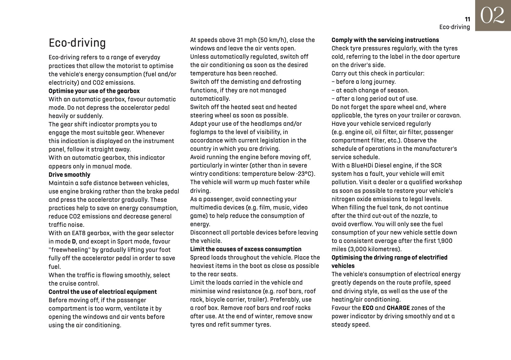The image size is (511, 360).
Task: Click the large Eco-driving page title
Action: [77, 43]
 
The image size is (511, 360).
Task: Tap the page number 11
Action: [467, 19]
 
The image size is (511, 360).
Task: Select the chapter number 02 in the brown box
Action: [492, 15]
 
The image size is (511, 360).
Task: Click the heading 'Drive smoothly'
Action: [69, 175]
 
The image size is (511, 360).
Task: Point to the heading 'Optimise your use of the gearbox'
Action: [94, 91]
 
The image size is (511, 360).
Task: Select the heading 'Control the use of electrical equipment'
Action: [103, 292]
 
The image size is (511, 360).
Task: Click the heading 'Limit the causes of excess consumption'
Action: [245, 249]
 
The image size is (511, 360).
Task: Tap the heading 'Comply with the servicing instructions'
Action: [385, 40]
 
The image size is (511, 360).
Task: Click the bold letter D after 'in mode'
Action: [74, 241]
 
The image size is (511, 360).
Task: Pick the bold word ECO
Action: [368, 308]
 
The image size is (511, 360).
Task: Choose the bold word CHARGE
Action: [398, 308]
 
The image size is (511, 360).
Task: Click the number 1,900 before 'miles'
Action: [445, 241]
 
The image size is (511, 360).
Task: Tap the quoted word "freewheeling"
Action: [67, 250]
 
